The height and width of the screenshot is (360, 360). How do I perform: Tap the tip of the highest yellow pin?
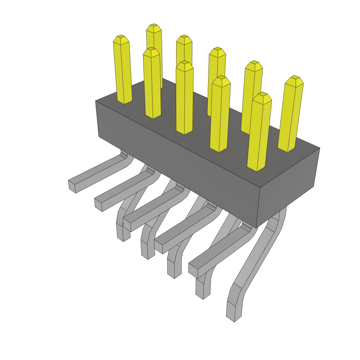pyautogui.click(x=154, y=26)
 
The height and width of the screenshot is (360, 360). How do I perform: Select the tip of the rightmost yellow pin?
pyautogui.click(x=295, y=78)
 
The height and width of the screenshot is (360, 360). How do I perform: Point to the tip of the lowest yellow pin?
pyautogui.click(x=262, y=95)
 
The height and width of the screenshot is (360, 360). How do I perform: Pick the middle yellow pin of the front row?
pyautogui.click(x=184, y=98)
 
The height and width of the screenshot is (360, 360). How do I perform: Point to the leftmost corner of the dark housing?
pyautogui.click(x=96, y=101)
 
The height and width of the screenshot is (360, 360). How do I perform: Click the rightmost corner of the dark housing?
pyautogui.click(x=320, y=148)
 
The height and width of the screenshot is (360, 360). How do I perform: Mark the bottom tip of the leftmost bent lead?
pyautogui.click(x=123, y=239)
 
